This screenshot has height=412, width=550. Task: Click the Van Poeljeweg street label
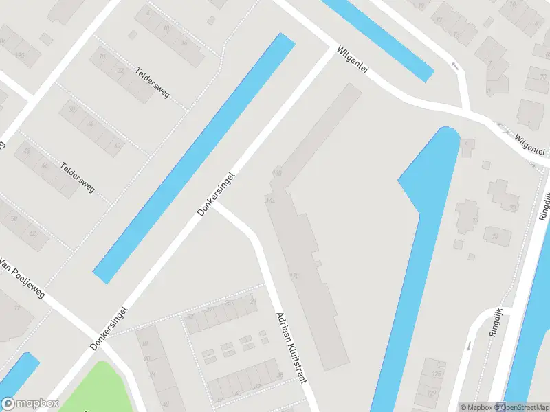tap(22, 278)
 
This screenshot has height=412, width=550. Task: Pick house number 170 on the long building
tap(294, 277)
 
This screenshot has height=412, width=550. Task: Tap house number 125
tap(435, 374)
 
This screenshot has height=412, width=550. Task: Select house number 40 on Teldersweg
tap(118, 146)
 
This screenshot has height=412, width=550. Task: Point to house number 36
tap(279, 375)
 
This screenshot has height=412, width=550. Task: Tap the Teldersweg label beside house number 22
tap(153, 80)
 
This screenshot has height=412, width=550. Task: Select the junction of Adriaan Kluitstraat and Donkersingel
tap(216, 207)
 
